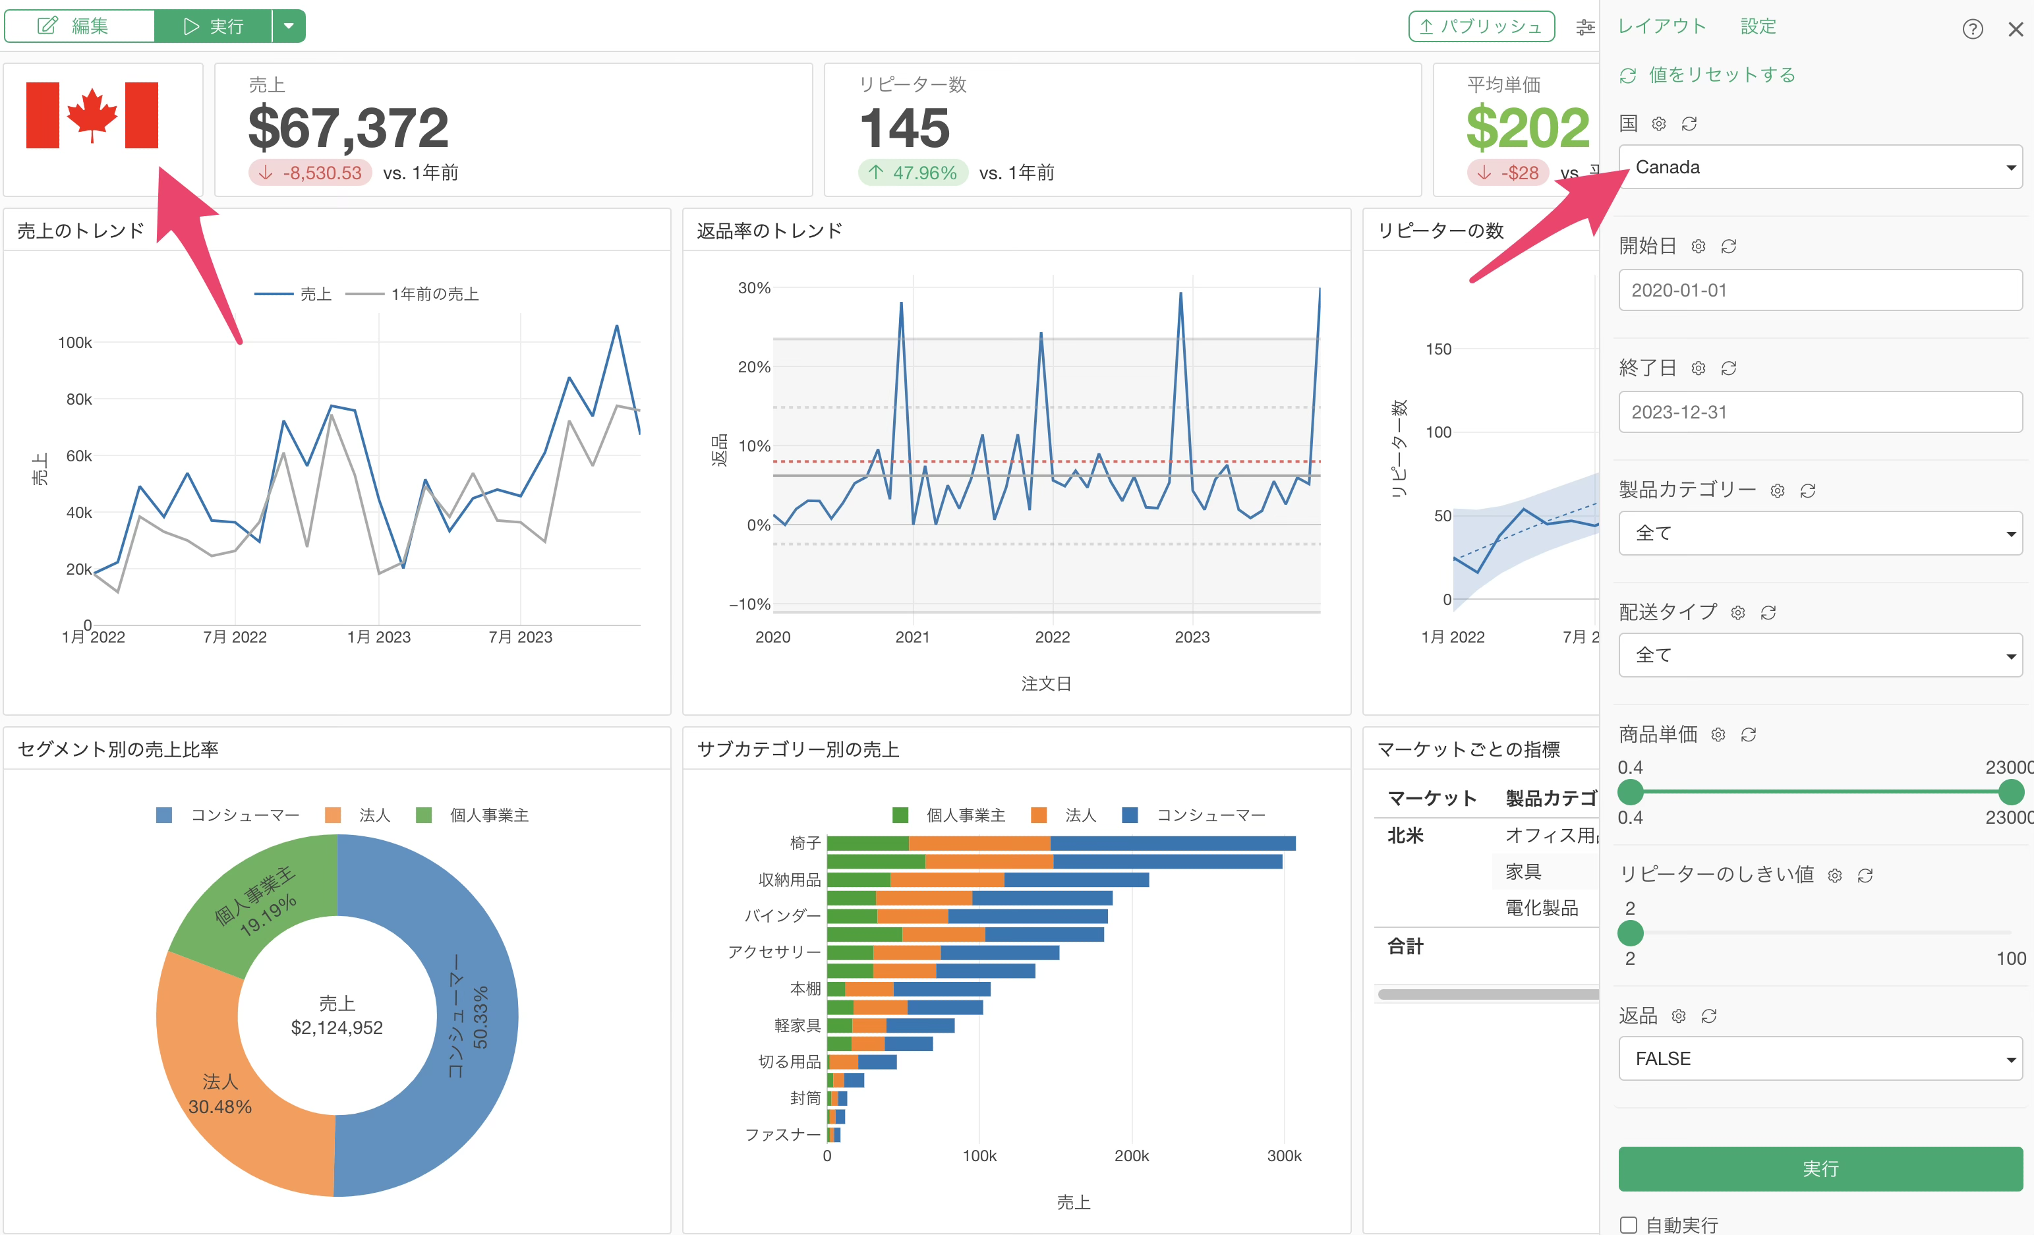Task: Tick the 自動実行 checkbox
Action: tap(1628, 1225)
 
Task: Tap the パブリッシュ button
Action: tap(1481, 26)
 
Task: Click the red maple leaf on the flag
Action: tap(92, 115)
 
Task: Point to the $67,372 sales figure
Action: tap(349, 128)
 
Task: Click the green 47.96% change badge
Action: tap(913, 173)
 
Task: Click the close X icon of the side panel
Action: tap(2015, 30)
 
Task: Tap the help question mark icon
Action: tap(1972, 30)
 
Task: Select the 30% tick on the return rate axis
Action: tap(753, 288)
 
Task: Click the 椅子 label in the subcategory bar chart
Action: tap(805, 843)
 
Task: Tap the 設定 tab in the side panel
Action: tap(1757, 26)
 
